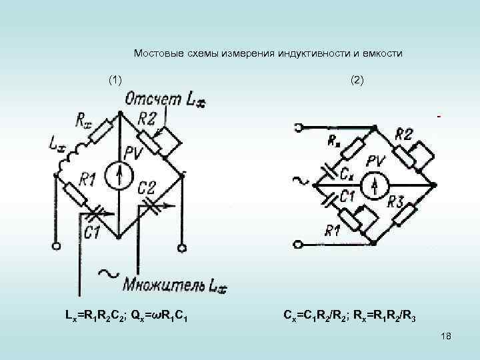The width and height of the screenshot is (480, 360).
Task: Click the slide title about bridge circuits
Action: (268, 53)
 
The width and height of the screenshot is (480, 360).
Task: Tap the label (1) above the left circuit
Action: (115, 80)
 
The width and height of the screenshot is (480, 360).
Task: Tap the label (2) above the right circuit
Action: (357, 80)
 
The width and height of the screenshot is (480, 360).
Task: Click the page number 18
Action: (446, 337)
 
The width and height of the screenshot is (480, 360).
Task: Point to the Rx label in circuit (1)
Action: (85, 121)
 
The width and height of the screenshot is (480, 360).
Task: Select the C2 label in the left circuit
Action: (147, 187)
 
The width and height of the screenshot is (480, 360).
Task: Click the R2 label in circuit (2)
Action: (405, 134)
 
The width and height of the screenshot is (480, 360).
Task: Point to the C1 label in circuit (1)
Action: (93, 231)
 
